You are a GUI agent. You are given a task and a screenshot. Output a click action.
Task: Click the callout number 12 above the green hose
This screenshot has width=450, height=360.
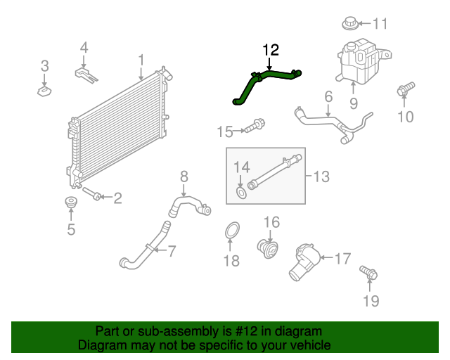point(271,50)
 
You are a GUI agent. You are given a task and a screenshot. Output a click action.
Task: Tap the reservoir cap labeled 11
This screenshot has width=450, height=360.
point(349,23)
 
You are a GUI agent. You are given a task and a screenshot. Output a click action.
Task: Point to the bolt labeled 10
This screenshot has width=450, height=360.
point(404,90)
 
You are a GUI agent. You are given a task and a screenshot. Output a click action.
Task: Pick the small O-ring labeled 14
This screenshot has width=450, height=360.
point(241,192)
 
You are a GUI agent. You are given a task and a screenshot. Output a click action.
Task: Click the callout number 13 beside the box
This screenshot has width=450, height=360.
point(321,176)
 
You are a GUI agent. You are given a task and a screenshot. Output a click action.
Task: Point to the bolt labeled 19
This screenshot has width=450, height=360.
point(366,271)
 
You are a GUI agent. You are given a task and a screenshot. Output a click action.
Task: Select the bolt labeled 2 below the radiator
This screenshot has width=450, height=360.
point(93,193)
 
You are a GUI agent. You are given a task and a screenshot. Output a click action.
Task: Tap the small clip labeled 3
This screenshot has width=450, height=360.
point(44,90)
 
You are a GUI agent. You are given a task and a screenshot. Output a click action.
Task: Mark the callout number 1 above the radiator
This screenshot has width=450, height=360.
point(141,60)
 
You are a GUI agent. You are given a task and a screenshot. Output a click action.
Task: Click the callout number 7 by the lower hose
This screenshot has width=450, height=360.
point(171,248)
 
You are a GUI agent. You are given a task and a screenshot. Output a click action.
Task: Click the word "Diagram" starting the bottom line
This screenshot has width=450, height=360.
point(101,345)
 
